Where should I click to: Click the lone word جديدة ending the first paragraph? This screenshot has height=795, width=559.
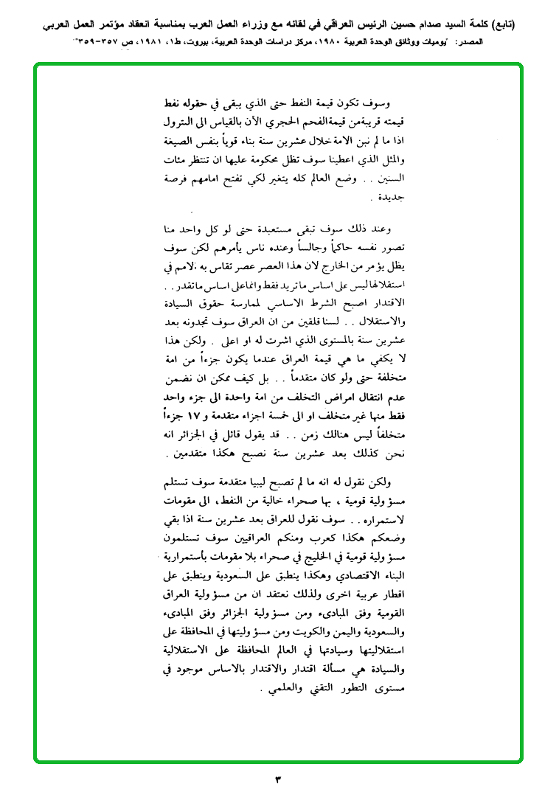tap(383, 198)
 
